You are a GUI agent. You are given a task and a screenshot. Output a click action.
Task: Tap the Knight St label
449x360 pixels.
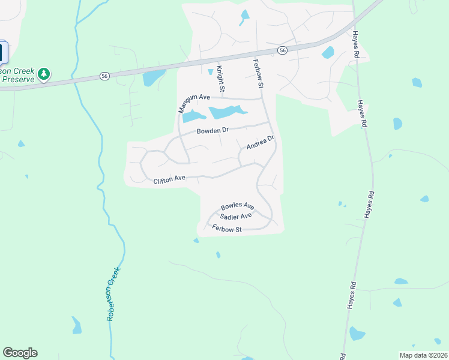220,79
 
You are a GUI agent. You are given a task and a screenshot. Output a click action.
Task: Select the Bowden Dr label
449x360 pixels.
212,130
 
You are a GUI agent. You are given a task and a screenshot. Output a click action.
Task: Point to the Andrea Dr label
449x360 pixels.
260,143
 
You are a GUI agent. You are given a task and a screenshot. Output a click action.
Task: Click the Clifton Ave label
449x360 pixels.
169,179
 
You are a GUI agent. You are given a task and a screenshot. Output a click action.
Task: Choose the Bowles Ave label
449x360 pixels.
237,206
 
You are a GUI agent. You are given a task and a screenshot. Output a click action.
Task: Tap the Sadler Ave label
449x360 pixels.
235,216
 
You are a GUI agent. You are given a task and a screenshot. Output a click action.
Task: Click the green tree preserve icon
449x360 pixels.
43,74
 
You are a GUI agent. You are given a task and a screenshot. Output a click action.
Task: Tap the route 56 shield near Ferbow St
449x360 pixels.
282,51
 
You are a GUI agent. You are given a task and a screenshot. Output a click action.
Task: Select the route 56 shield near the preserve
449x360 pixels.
104,76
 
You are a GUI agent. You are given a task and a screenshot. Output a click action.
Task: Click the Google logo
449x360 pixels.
20,353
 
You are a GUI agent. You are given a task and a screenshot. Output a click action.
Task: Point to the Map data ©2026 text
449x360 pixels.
423,355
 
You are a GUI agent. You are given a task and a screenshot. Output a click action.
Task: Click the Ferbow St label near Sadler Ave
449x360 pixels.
227,229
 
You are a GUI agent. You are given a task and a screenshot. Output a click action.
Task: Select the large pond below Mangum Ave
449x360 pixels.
226,112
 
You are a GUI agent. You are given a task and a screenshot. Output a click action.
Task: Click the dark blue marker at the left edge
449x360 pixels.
2,52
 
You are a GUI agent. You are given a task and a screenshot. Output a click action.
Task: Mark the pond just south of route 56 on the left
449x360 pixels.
153,77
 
